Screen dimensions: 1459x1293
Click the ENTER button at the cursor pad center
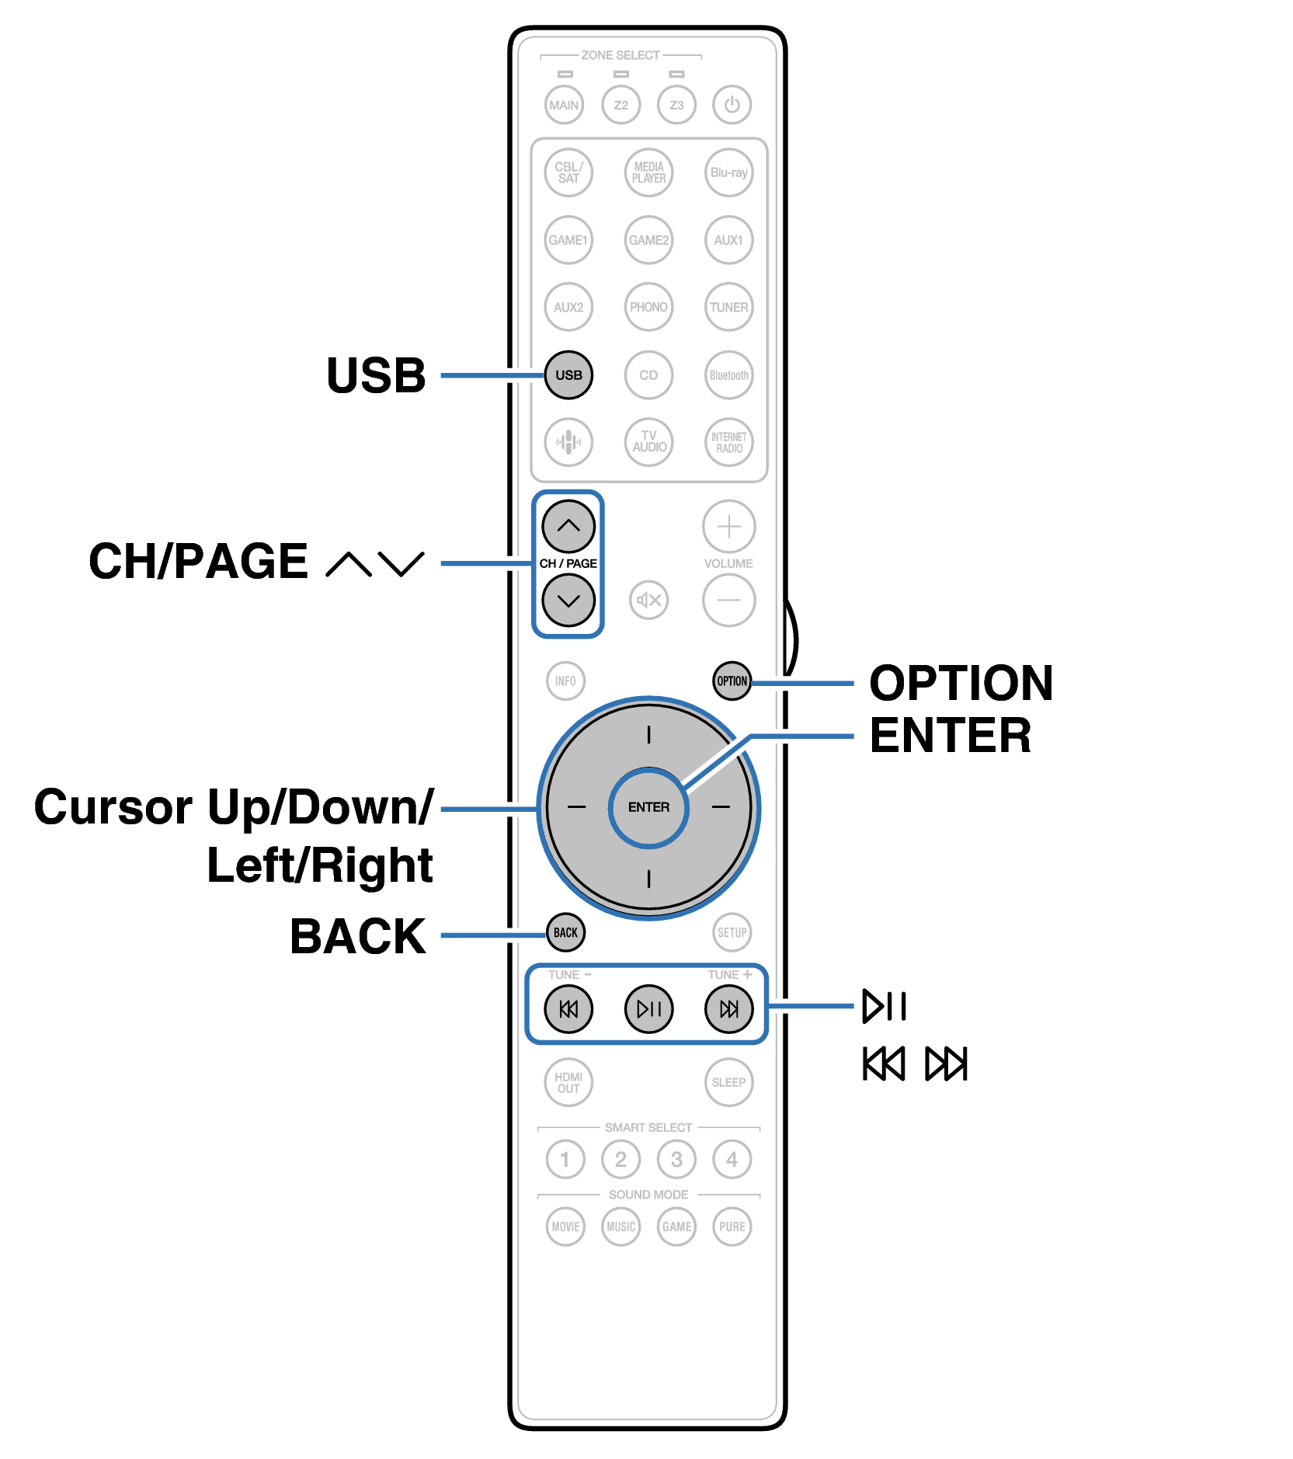[x=648, y=807]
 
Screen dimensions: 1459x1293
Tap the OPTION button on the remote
[x=732, y=681]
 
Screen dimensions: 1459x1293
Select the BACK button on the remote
[x=565, y=932]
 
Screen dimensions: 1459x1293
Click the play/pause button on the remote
[x=648, y=1008]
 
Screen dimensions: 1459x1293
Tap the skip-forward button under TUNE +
[x=728, y=1008]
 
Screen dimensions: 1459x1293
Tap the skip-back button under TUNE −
[x=568, y=1008]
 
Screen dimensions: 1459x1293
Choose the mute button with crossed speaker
[x=648, y=600]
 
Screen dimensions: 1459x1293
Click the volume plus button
[x=728, y=527]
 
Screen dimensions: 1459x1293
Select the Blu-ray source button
[x=728, y=172]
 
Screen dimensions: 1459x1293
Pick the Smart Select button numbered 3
[x=676, y=1159]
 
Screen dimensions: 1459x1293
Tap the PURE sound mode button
[x=732, y=1227]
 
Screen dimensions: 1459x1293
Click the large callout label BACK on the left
[x=357, y=936]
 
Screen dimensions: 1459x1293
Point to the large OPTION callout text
[x=961, y=683]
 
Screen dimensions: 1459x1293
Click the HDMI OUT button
[x=568, y=1082]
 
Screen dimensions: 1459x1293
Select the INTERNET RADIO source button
[x=728, y=442]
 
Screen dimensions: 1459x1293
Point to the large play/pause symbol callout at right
[x=885, y=1006]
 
